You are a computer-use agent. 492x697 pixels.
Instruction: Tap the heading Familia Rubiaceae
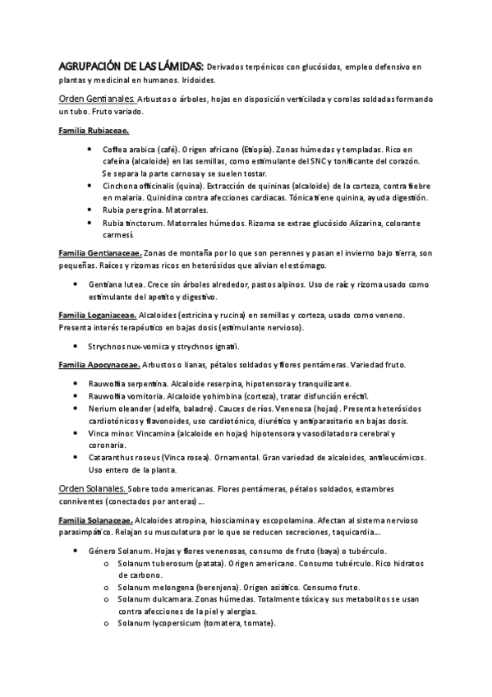(94, 132)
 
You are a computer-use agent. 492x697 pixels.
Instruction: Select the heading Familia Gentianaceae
(101, 252)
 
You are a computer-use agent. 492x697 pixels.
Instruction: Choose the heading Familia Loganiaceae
(99, 315)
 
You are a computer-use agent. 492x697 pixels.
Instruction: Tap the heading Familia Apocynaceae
(101, 364)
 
